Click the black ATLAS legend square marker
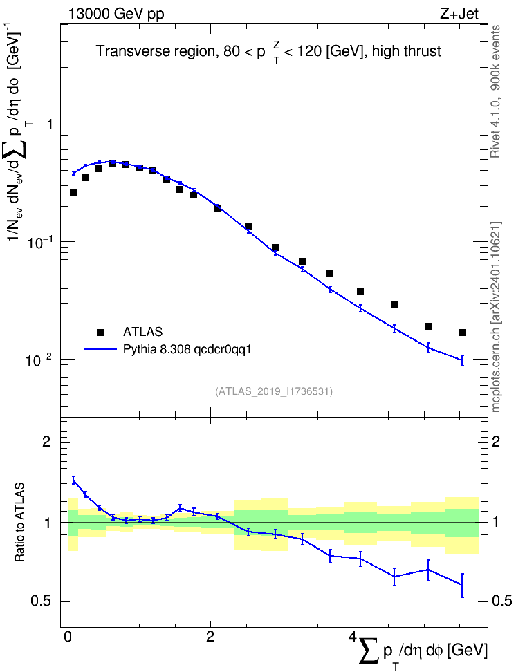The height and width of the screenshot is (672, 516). click(x=100, y=332)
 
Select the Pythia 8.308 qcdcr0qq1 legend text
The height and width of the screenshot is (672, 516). click(x=187, y=349)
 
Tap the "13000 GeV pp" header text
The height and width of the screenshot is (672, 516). click(x=116, y=15)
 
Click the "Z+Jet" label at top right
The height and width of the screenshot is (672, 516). click(x=459, y=14)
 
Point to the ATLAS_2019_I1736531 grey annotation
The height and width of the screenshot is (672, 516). click(x=274, y=391)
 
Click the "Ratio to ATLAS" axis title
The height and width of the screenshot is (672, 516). click(x=19, y=523)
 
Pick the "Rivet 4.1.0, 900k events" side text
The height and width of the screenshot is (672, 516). click(x=495, y=91)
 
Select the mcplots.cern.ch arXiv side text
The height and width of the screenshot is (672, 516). click(x=496, y=317)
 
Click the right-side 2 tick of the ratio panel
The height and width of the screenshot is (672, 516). click(x=496, y=441)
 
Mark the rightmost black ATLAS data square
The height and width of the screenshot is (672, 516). click(x=462, y=333)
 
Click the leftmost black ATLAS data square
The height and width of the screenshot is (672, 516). click(x=73, y=192)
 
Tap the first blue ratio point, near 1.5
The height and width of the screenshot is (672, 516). click(x=73, y=480)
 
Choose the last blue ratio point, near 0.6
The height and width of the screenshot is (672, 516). click(x=462, y=585)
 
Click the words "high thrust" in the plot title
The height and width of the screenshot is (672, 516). click(x=407, y=51)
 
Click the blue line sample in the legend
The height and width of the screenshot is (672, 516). click(x=100, y=349)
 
